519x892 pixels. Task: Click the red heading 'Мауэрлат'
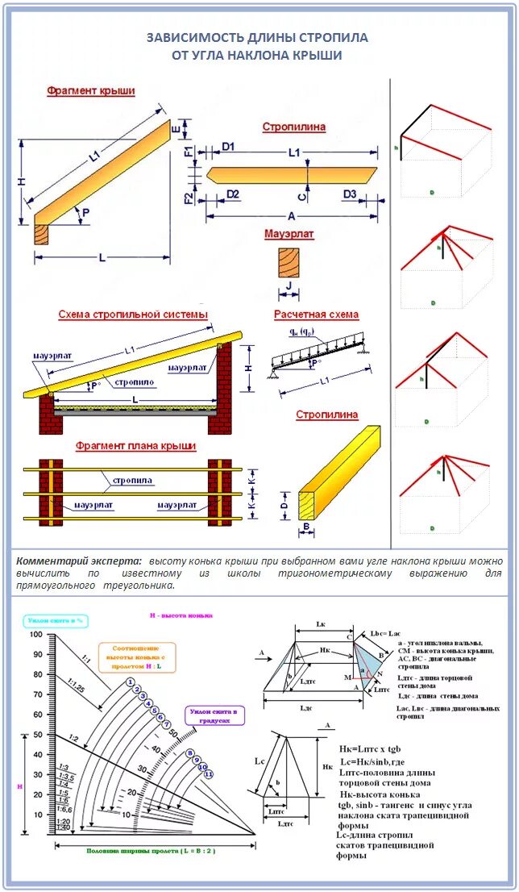point(289,234)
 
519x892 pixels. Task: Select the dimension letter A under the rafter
point(290,215)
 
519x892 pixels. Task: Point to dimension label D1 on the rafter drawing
point(227,147)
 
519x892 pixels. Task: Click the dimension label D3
point(349,194)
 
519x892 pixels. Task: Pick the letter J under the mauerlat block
point(289,286)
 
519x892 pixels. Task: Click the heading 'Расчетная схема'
point(316,315)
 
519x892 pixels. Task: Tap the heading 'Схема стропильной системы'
point(133,315)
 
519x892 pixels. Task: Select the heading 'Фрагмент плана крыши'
point(135,445)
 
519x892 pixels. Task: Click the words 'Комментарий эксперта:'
point(78,560)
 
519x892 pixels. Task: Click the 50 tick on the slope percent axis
point(37,735)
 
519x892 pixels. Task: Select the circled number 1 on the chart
point(129,683)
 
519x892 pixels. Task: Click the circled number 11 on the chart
point(210,774)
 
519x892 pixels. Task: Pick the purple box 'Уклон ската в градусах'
point(214,716)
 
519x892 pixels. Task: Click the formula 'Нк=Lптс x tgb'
point(370,748)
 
